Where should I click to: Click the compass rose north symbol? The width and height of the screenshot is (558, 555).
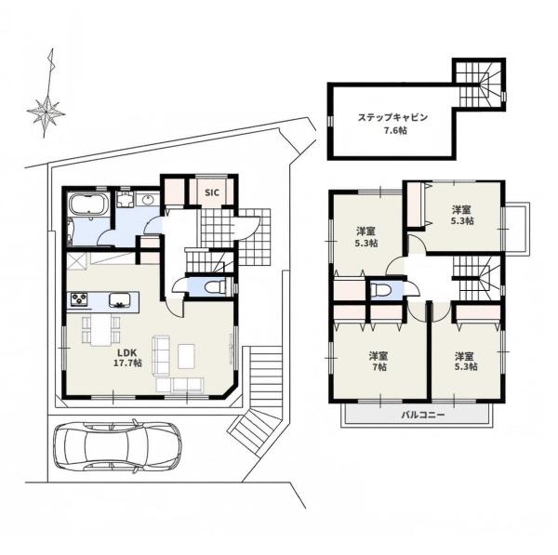click(x=47, y=93)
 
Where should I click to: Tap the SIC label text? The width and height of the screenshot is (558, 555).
click(x=212, y=192)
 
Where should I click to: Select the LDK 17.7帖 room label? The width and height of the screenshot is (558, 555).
click(x=127, y=358)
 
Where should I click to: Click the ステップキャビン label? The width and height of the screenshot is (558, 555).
click(x=392, y=117)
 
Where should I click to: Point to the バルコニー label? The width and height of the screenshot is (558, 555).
click(x=423, y=415)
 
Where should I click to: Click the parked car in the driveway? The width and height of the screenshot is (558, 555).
click(x=117, y=447)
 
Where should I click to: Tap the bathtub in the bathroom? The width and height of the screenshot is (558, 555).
click(x=88, y=205)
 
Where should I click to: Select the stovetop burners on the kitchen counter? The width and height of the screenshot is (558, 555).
click(x=79, y=298)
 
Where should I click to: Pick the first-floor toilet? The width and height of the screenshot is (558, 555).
click(x=217, y=286)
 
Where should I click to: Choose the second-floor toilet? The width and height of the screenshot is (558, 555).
click(x=379, y=290)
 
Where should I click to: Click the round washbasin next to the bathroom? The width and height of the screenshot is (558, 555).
click(x=148, y=200)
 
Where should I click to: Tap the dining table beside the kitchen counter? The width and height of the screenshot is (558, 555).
click(x=101, y=330)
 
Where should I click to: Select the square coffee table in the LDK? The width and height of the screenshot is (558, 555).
click(x=186, y=356)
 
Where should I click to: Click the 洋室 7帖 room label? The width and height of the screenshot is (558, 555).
click(x=379, y=361)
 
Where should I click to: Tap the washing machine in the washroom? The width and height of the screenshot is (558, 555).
click(x=125, y=199)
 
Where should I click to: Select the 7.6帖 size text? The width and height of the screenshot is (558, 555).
click(x=395, y=130)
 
